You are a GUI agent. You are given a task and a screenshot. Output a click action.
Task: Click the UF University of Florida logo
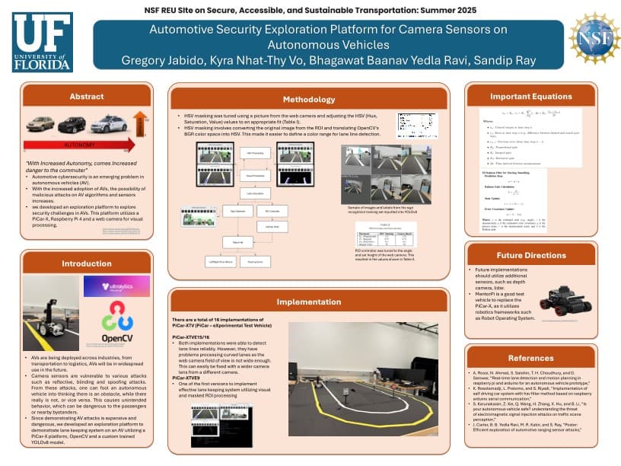click(43, 43)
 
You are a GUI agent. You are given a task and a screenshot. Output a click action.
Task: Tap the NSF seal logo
click(594, 37)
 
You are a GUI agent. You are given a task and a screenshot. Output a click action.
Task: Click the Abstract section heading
click(86, 97)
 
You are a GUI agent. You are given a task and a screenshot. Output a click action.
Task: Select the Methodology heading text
click(308, 99)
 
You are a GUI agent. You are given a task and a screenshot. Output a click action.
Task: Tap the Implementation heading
click(308, 302)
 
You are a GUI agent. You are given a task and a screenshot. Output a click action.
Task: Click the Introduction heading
click(86, 263)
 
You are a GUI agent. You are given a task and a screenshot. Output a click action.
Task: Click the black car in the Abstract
click(72, 124)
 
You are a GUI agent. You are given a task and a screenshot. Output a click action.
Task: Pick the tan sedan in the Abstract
click(40, 124)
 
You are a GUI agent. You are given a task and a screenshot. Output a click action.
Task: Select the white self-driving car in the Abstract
click(107, 123)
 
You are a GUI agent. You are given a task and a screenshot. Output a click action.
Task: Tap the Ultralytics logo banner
click(116, 286)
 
